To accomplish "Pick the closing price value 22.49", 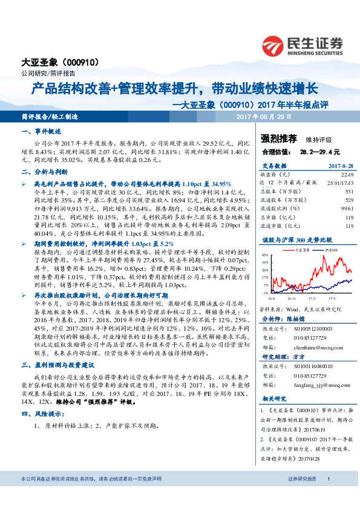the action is click(x=347, y=173).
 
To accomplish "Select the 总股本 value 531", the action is click(x=349, y=190).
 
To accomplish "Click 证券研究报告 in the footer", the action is click(x=302, y=478).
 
